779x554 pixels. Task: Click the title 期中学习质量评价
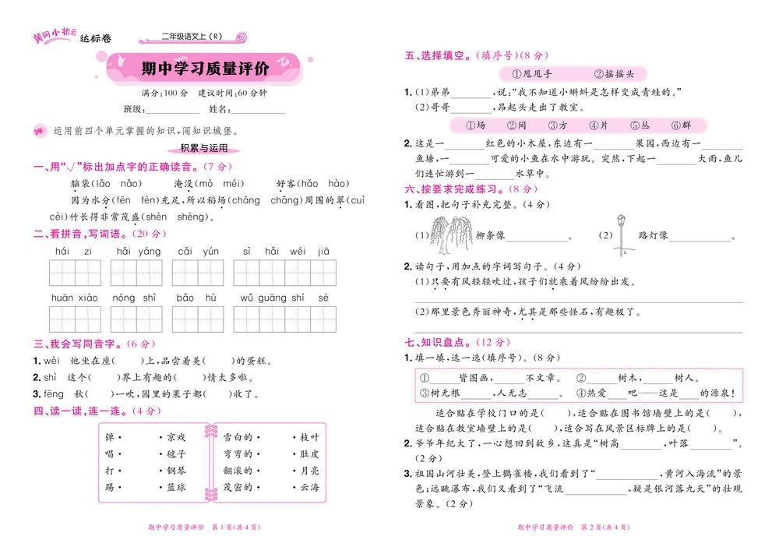tap(205, 69)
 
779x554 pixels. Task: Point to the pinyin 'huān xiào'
tap(74, 298)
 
